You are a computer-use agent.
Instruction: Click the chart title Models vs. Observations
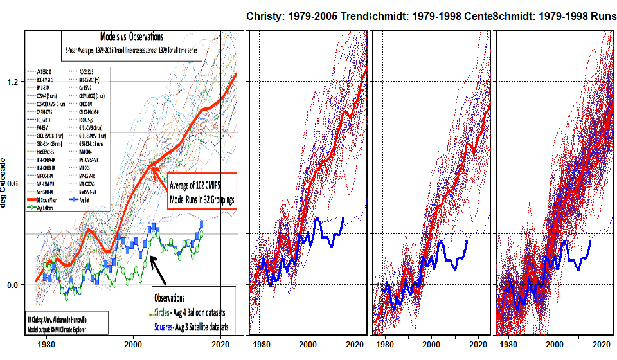tap(132, 37)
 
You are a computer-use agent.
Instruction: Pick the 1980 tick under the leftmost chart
tap(46, 343)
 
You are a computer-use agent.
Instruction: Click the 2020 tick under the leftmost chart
tap(220, 343)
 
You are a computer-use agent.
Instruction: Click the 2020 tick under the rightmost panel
tap(603, 345)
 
